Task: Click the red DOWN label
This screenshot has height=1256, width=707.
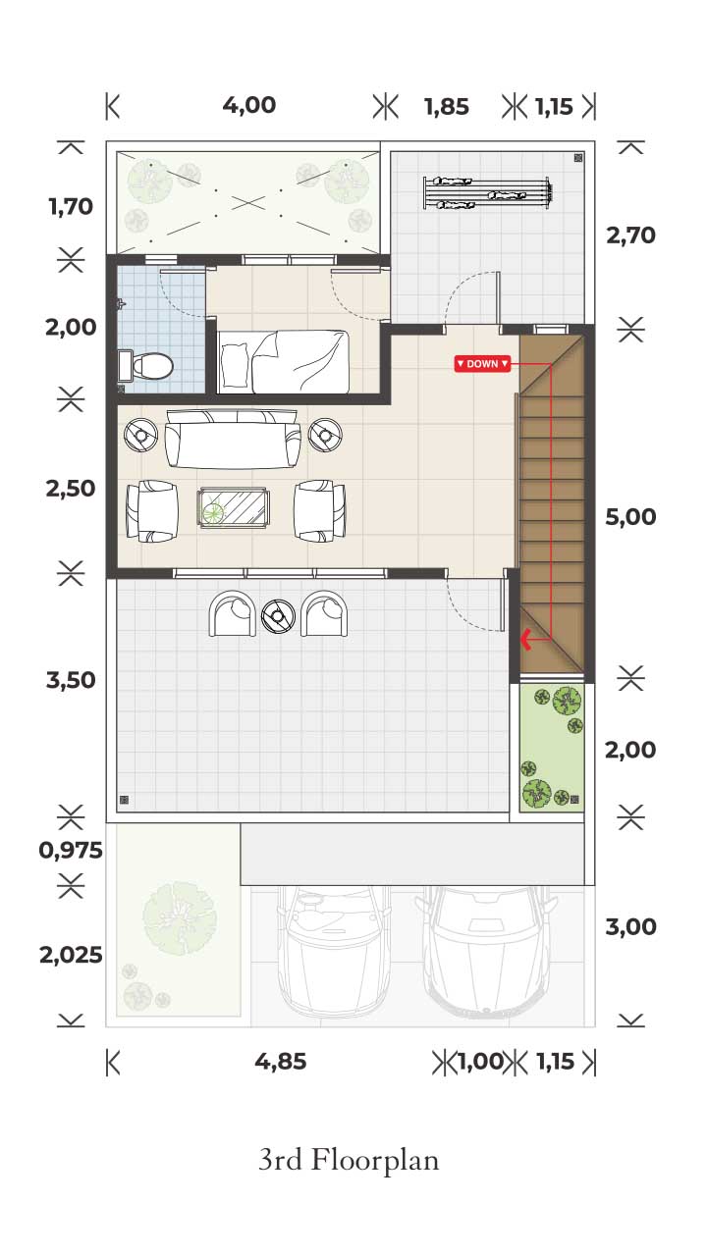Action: point(482,364)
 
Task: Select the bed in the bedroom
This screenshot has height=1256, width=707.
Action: point(283,362)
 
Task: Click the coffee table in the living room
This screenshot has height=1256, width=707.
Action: point(234,508)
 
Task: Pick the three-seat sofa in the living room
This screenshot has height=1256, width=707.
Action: point(233,439)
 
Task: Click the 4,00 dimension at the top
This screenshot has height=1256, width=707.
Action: point(249,105)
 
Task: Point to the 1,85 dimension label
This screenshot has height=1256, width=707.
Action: point(447,107)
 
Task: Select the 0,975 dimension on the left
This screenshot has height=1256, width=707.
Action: point(71,851)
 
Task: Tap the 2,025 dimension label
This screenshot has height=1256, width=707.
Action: point(71,955)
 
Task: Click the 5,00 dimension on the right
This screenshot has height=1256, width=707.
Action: point(630,517)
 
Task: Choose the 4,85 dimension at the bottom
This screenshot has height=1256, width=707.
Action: point(281,1062)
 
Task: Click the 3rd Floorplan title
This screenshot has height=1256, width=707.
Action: point(349,1160)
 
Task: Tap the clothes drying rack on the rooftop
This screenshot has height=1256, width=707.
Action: point(487,193)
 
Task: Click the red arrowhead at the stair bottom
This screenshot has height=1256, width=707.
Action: point(526,639)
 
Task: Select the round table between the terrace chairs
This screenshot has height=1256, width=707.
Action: point(278,615)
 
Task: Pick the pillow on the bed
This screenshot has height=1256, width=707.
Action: point(235,365)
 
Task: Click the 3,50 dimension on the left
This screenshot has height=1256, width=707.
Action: point(71,681)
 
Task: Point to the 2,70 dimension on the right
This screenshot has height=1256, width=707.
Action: point(630,235)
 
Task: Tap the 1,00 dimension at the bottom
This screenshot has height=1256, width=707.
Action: point(480,1062)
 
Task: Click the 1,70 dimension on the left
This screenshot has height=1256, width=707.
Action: point(71,207)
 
